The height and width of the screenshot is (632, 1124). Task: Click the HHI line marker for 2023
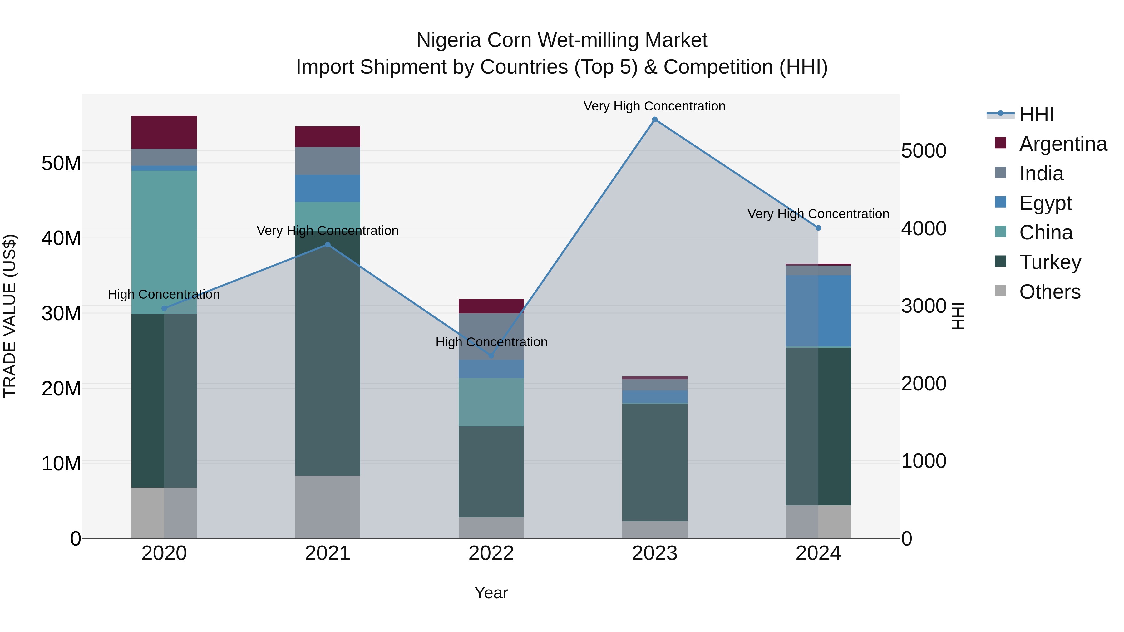coord(654,120)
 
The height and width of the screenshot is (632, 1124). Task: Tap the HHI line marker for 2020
coord(164,308)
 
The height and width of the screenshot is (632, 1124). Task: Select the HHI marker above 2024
coord(818,228)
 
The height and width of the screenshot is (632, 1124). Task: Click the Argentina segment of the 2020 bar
coord(164,132)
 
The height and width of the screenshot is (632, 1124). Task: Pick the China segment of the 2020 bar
coord(164,242)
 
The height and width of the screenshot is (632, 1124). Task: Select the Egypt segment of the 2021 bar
coord(328,189)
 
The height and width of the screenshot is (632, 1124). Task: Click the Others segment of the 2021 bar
coord(328,507)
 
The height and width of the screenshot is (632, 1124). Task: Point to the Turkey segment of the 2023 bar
coord(654,462)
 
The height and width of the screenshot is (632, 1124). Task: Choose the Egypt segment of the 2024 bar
coord(818,311)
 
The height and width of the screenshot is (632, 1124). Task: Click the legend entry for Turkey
coord(1050,262)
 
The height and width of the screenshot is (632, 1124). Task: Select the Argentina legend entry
coord(1062,144)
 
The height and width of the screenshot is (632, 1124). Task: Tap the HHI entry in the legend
coord(1036,114)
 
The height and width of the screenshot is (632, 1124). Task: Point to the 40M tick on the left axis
coord(61,238)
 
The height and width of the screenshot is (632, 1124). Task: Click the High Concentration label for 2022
coord(491,342)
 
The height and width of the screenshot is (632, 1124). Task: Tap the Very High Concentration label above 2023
coord(654,106)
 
